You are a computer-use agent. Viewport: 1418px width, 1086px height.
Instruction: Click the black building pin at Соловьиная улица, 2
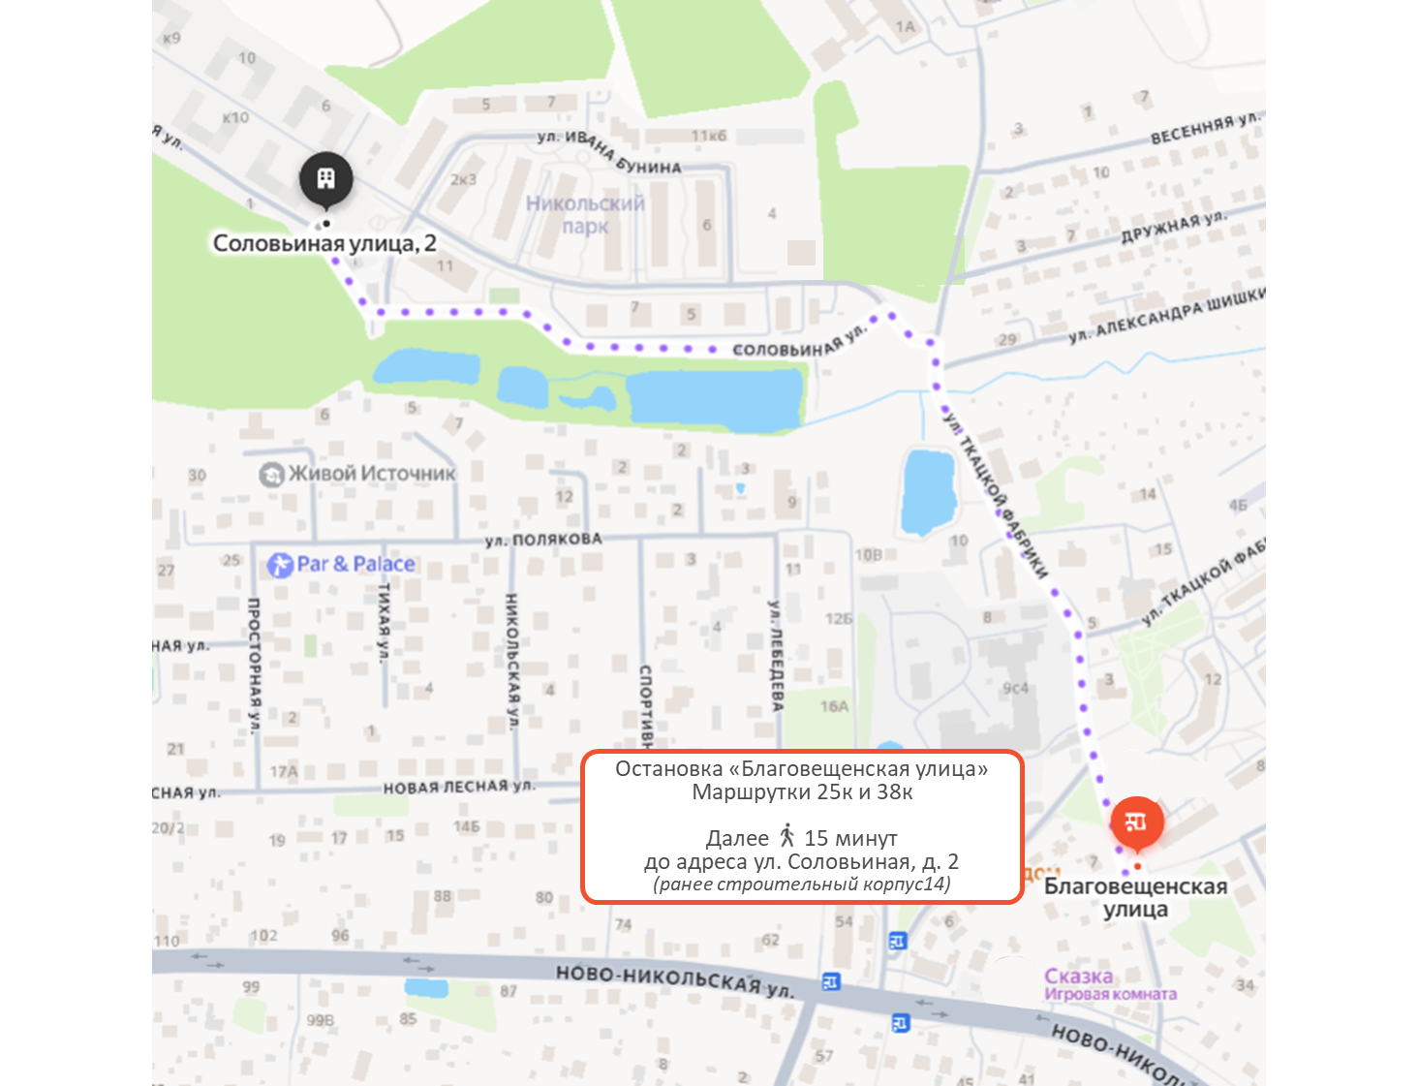[325, 179]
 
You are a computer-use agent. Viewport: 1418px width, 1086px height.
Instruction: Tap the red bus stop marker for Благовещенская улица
[1136, 822]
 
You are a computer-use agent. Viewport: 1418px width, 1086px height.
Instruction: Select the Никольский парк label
[585, 215]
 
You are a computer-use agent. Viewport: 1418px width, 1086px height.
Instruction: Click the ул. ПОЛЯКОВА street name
[543, 540]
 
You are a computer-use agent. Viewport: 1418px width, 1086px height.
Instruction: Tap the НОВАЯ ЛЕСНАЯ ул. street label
[458, 787]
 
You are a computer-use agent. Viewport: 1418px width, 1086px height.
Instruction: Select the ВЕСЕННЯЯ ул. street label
[1205, 128]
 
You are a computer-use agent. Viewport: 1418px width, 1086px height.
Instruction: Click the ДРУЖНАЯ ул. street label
[1173, 228]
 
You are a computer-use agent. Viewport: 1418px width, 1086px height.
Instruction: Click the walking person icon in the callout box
[786, 836]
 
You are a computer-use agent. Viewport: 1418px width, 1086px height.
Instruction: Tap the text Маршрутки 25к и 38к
[802, 792]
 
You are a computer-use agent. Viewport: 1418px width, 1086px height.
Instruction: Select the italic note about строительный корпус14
[802, 884]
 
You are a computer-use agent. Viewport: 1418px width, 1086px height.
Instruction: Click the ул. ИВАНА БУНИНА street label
[609, 152]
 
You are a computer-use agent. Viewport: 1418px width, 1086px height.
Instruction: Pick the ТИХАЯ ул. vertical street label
[384, 622]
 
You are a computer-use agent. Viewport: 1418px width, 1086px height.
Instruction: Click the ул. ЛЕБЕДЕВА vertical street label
[775, 656]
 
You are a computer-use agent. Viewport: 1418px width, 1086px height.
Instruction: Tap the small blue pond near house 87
[426, 988]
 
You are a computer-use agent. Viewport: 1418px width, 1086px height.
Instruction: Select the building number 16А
[834, 706]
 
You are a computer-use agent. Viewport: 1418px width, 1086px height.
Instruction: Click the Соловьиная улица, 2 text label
[324, 243]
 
